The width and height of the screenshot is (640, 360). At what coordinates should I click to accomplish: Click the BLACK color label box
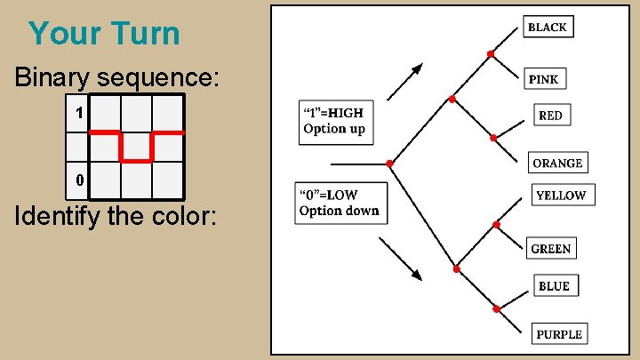pyautogui.click(x=547, y=27)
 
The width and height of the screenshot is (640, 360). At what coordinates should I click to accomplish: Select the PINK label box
pyautogui.click(x=543, y=79)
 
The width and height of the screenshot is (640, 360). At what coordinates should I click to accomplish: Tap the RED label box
pyautogui.click(x=550, y=116)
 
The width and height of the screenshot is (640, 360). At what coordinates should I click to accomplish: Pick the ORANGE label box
pyautogui.click(x=557, y=163)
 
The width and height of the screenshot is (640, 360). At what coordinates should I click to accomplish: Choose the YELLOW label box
pyautogui.click(x=561, y=196)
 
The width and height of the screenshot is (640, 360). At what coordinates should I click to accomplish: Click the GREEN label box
pyautogui.click(x=550, y=249)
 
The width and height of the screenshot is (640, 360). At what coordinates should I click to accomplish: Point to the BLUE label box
pyautogui.click(x=554, y=286)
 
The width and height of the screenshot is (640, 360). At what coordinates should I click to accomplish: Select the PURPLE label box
pyautogui.click(x=559, y=334)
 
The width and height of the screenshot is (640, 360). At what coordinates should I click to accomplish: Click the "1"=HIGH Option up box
pyautogui.click(x=334, y=122)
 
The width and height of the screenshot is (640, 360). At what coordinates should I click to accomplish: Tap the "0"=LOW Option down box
pyautogui.click(x=340, y=204)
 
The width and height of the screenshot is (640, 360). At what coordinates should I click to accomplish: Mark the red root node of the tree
pyautogui.click(x=389, y=164)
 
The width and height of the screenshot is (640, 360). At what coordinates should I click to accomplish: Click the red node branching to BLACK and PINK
pyautogui.click(x=491, y=54)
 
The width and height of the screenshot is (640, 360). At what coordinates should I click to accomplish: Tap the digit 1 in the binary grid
pyautogui.click(x=79, y=114)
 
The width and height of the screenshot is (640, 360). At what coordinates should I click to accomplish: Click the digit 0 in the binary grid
pyautogui.click(x=79, y=180)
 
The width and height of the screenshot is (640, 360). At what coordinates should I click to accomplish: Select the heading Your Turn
pyautogui.click(x=104, y=34)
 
